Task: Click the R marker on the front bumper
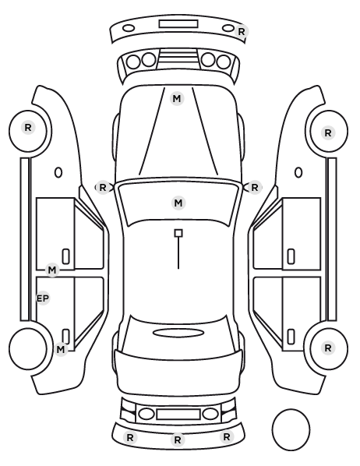point(241,31)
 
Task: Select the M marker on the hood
point(177,98)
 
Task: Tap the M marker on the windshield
point(178,203)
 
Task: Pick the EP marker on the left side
point(43,298)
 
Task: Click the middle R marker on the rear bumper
point(178,440)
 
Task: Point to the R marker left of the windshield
point(103,188)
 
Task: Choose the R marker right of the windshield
point(255,188)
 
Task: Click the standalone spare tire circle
point(291,429)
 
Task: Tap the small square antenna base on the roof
point(178,233)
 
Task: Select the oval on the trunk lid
point(178,333)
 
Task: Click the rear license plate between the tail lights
point(178,415)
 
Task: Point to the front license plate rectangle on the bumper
point(178,24)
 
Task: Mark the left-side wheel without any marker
point(28,348)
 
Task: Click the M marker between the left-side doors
point(52,270)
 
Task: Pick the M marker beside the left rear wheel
point(61,349)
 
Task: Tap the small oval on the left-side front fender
point(58,172)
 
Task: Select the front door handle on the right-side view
point(291,256)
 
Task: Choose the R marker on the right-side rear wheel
point(328,348)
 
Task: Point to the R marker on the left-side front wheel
point(28,128)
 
